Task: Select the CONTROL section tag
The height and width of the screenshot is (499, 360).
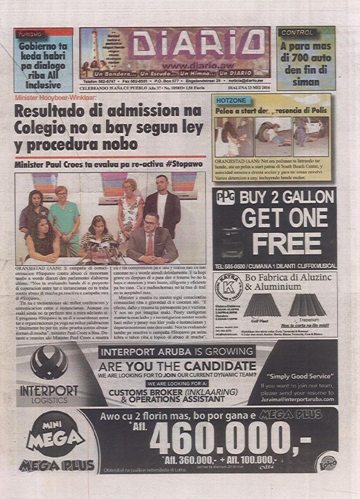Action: tap(297, 33)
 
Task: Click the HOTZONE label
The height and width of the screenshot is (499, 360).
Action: tap(231, 100)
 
